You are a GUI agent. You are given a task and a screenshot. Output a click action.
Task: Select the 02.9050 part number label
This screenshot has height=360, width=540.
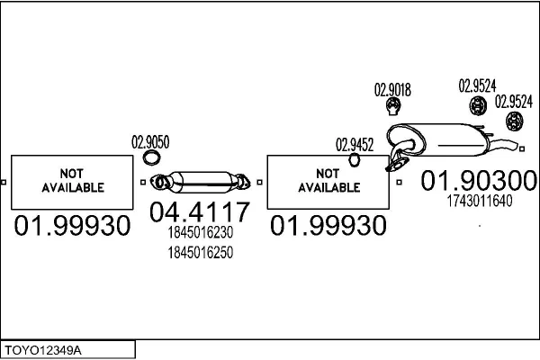(150, 141)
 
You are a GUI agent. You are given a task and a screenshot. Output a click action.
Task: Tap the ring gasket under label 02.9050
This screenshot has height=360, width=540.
(152, 159)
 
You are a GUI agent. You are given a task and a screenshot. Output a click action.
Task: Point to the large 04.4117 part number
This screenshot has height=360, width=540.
(199, 214)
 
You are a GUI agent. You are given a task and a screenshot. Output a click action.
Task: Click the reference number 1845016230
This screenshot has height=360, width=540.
(200, 233)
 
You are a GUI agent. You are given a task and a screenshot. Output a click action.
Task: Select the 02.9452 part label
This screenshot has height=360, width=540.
(355, 144)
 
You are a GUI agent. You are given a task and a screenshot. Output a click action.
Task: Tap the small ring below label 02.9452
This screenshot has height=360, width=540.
(354, 161)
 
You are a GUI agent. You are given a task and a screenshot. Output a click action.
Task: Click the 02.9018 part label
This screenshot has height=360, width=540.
(392, 89)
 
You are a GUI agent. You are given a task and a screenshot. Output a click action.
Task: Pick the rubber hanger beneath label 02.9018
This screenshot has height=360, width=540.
(393, 109)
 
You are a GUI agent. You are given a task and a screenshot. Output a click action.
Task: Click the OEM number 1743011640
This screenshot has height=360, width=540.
(479, 201)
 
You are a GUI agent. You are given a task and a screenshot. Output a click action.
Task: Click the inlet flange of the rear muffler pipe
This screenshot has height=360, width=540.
(393, 165)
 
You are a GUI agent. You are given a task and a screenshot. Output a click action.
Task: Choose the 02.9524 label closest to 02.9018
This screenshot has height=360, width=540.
(477, 86)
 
